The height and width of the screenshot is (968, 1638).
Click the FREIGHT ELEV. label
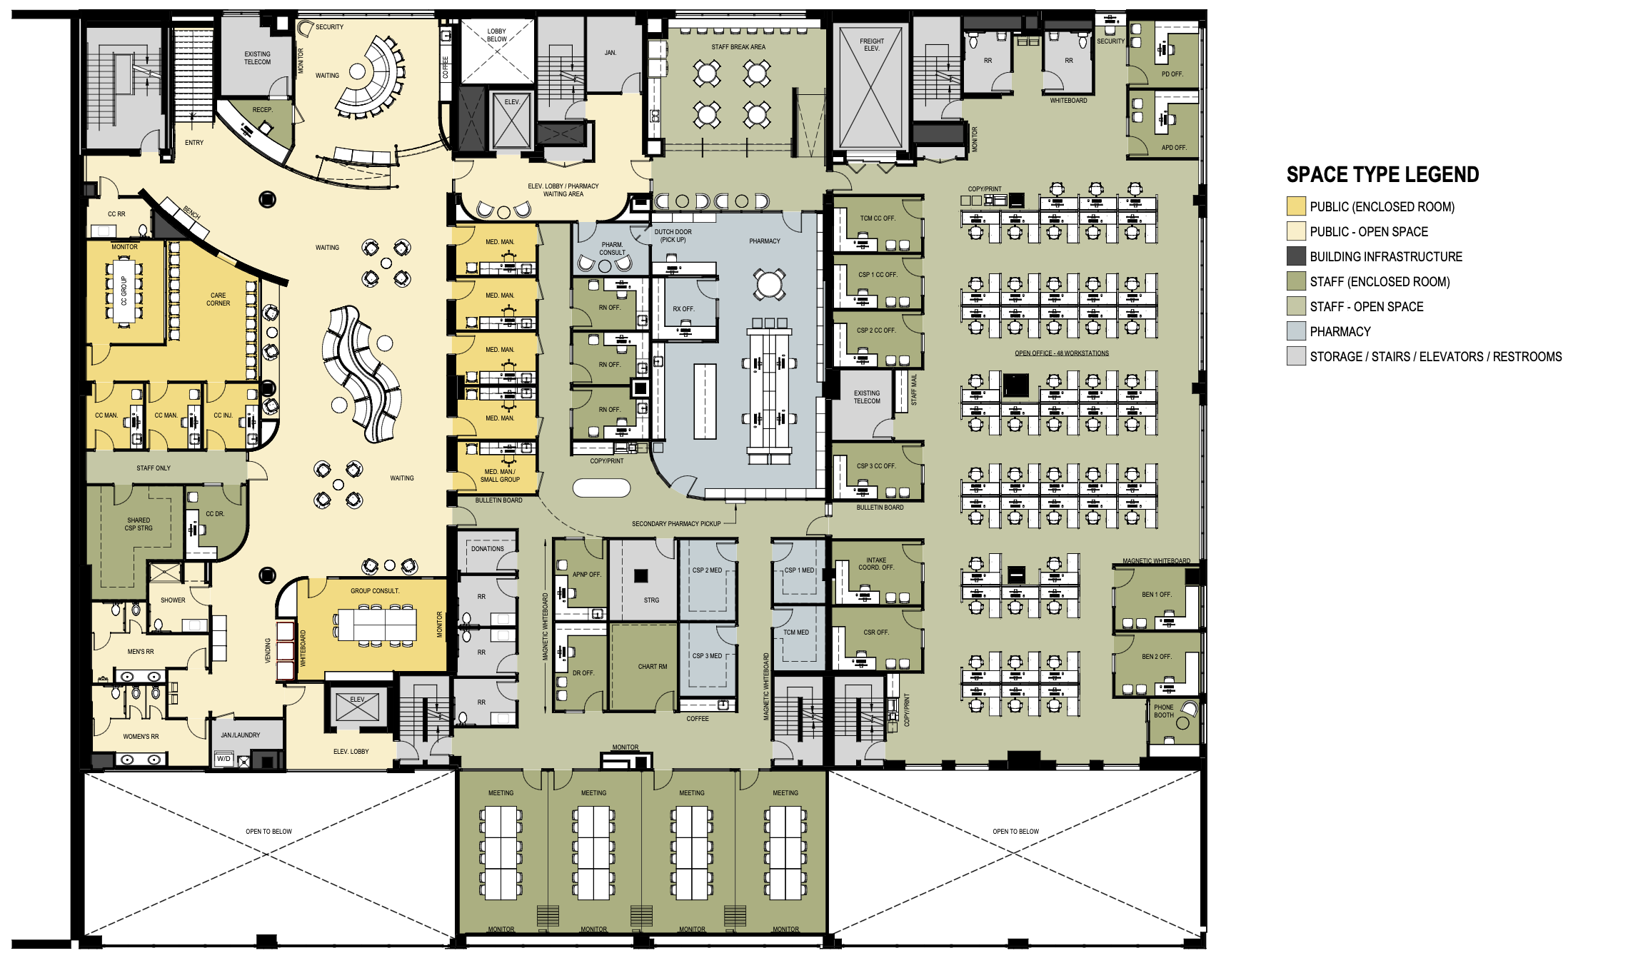pyautogui.click(x=871, y=45)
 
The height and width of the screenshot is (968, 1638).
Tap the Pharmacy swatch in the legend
pyautogui.click(x=1296, y=331)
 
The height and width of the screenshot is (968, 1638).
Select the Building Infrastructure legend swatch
pyautogui.click(x=1296, y=256)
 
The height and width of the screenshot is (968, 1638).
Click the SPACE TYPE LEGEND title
pyautogui.click(x=1382, y=175)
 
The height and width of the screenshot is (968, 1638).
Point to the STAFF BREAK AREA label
pyautogui.click(x=738, y=47)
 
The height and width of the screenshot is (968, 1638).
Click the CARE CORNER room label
pyautogui.click(x=218, y=299)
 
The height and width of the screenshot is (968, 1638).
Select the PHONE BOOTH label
pyautogui.click(x=1163, y=711)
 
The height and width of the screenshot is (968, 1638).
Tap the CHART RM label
pyautogui.click(x=653, y=667)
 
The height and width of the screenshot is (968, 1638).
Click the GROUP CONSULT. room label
pyautogui.click(x=375, y=591)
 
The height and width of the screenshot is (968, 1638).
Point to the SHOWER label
pyautogui.click(x=173, y=600)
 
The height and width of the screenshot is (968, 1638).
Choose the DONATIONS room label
pyautogui.click(x=488, y=549)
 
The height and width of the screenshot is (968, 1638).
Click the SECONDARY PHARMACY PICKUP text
pyautogui.click(x=676, y=524)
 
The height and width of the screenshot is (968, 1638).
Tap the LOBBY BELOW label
pyautogui.click(x=496, y=35)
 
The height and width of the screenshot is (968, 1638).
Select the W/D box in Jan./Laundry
pyautogui.click(x=224, y=759)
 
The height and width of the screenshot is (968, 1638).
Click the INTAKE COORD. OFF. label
pyautogui.click(x=876, y=564)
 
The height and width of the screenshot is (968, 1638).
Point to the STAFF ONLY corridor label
pyautogui.click(x=154, y=468)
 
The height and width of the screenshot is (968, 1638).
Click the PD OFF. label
pyautogui.click(x=1172, y=74)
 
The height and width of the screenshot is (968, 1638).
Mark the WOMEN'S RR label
pyautogui.click(x=141, y=737)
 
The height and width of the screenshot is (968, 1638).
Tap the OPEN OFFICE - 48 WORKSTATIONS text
pyautogui.click(x=1062, y=353)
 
